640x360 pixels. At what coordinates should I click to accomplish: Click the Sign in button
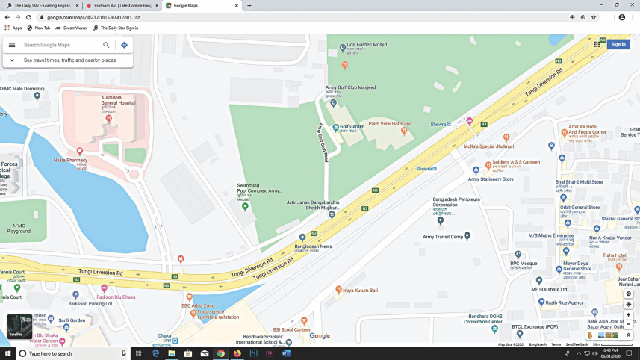click(x=618, y=44)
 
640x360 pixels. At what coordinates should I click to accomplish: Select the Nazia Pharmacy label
click(x=72, y=160)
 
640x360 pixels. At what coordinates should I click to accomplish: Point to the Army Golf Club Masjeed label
click(x=350, y=88)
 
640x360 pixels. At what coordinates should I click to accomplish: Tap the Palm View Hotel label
click(x=390, y=124)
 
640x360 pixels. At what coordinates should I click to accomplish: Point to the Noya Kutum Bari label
click(x=361, y=290)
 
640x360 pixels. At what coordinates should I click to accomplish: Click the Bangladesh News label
click(x=313, y=246)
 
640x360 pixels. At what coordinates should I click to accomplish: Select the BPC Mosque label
click(x=524, y=263)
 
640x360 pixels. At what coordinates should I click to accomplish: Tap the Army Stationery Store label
click(x=491, y=179)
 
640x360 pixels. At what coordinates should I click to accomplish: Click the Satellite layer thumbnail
click(x=19, y=326)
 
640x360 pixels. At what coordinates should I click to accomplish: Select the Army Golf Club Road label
click(x=323, y=142)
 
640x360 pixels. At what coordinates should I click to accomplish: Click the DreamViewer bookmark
click(x=75, y=28)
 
